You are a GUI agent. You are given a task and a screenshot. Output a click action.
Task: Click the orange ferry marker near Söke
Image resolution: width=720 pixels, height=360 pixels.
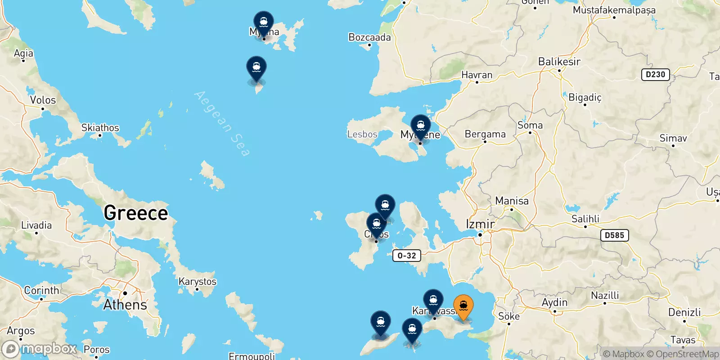click(463, 306)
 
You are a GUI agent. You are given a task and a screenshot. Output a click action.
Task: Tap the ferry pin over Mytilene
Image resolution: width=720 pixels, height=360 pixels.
click(420, 126)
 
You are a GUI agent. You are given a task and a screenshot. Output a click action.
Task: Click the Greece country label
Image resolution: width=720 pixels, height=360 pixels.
click(135, 213)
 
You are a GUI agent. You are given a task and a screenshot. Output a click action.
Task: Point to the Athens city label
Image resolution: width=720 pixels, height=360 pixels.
click(125, 305)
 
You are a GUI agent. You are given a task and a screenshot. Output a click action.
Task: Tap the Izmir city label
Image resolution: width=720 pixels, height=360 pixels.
click(480, 224)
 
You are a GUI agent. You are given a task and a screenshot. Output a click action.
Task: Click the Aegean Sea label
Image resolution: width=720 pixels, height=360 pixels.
click(222, 124)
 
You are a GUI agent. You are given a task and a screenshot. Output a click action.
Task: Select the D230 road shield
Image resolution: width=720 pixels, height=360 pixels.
click(655, 75)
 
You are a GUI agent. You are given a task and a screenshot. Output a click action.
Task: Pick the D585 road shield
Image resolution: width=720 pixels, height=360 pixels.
click(614, 235)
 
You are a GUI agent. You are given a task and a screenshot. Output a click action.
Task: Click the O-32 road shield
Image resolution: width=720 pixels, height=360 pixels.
click(407, 256)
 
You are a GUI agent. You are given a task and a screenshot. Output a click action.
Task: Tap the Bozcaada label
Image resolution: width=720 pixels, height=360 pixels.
click(369, 37)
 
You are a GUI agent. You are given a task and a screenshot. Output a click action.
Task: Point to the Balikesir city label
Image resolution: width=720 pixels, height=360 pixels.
click(559, 62)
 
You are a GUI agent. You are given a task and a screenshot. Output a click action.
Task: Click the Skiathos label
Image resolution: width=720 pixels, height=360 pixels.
click(100, 128)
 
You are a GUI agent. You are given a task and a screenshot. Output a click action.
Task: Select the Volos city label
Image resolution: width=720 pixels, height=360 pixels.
click(43, 100)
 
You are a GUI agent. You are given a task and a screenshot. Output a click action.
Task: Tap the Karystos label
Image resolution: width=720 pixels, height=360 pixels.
click(197, 282)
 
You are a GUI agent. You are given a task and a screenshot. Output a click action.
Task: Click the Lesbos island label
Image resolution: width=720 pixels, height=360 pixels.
click(362, 134)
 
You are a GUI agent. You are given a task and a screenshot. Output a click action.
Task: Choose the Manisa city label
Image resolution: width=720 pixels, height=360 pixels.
click(512, 201)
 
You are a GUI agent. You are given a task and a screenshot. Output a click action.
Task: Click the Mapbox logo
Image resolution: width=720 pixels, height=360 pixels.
click(39, 349)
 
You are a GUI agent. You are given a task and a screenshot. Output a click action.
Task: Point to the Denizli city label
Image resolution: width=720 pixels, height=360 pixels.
click(684, 312)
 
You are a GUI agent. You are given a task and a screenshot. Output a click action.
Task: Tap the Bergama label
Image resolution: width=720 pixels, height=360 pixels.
click(485, 134)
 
